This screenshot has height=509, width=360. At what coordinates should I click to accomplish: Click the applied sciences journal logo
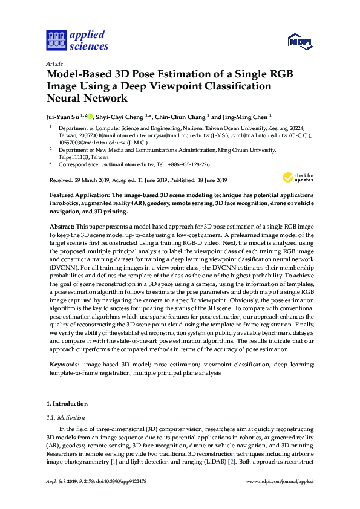(77, 40)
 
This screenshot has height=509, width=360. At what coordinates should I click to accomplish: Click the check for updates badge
(298, 177)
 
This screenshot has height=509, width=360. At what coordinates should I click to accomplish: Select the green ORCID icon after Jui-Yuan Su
(90, 117)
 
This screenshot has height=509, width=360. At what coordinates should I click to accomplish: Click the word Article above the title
(54, 63)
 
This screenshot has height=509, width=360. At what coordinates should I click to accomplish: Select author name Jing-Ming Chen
(245, 117)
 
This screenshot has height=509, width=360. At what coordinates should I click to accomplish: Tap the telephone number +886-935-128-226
(188, 164)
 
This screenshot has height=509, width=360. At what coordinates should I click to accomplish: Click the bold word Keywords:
(64, 365)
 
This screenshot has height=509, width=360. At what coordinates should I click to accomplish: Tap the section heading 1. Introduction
(67, 403)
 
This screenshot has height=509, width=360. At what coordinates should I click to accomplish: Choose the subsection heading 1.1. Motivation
(65, 417)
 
